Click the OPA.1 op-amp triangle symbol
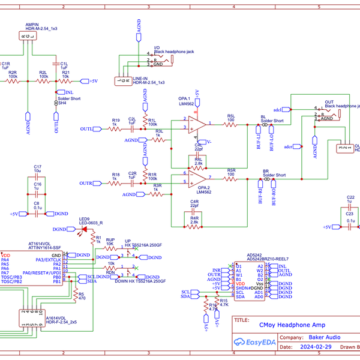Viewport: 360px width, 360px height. click(196, 125)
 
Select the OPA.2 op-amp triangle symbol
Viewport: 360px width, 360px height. click(196, 178)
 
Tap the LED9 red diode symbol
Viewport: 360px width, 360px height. click(84, 229)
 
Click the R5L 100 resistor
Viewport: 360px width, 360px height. click(230, 125)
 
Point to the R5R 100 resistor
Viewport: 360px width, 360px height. click(230, 178)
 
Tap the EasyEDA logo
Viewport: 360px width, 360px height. click(253, 342)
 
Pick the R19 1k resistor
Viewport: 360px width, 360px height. click(116, 129)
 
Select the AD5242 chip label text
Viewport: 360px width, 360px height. click(254, 254)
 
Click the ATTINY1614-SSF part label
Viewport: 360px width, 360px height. click(44, 247)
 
